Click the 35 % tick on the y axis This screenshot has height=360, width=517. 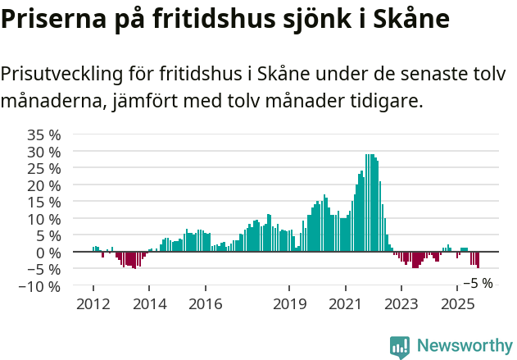pyautogui.click(x=43, y=134)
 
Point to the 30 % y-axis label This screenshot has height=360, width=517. pyautogui.click(x=43, y=152)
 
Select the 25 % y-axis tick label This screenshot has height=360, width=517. pyautogui.click(x=43, y=168)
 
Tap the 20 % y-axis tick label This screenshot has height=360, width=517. pyautogui.click(x=43, y=185)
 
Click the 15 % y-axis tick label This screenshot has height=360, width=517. pyautogui.click(x=43, y=202)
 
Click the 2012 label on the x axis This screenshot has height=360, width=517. pyautogui.click(x=93, y=304)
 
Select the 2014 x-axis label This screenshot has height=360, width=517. pyautogui.click(x=149, y=304)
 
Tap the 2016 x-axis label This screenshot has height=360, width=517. pyautogui.click(x=205, y=304)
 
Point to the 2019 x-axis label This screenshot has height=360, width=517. pyautogui.click(x=289, y=304)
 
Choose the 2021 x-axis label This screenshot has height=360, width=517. pyautogui.click(x=345, y=304)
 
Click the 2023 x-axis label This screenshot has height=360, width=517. pyautogui.click(x=401, y=304)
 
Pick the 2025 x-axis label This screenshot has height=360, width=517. pyautogui.click(x=456, y=304)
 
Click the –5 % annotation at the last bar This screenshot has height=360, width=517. pyautogui.click(x=478, y=283)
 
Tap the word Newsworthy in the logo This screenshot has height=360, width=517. pyautogui.click(x=464, y=346)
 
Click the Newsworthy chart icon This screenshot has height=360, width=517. pyautogui.click(x=400, y=347)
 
